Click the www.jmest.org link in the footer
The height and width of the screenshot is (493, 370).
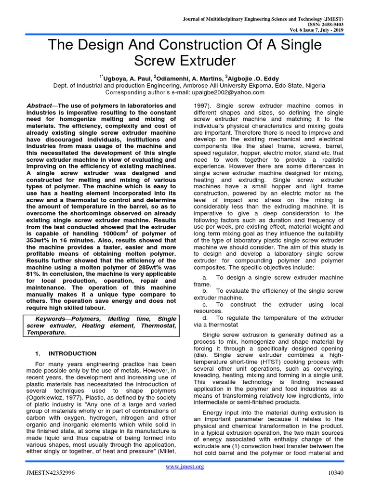pyautogui.click(x=185, y=467)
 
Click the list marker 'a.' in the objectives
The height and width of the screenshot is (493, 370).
pyautogui.click(x=205, y=278)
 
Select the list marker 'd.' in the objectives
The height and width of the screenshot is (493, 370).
pyautogui.click(x=205, y=318)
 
